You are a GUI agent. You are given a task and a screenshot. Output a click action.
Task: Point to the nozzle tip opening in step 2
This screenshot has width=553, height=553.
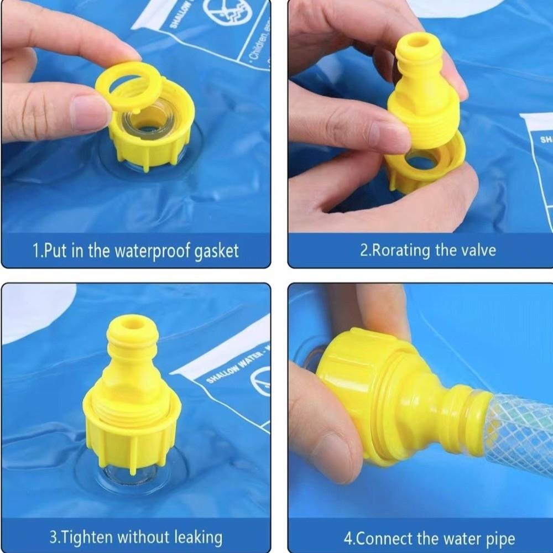coord(418,41)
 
